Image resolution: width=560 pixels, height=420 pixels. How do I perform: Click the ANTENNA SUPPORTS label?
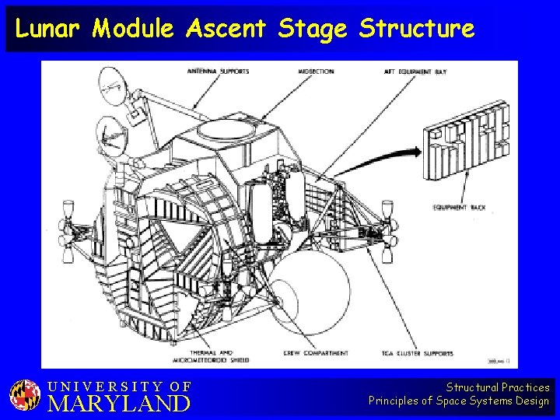click(219, 72)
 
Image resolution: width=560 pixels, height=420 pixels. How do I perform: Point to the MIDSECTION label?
click(317, 72)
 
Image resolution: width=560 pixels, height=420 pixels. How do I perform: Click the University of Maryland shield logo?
click(25, 395)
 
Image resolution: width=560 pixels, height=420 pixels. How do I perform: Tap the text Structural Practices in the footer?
click(498, 387)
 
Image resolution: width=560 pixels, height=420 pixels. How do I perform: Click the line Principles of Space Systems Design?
click(459, 401)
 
